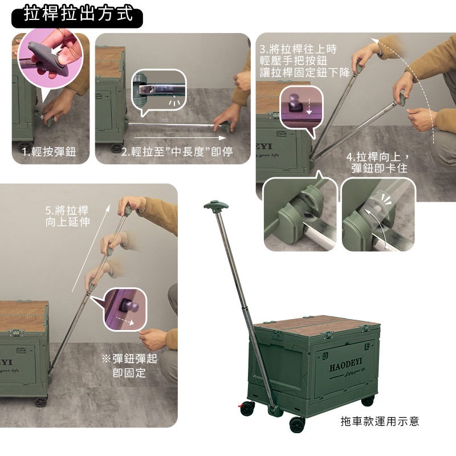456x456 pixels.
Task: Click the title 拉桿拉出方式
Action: (x=78, y=14)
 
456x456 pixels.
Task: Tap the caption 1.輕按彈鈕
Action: (x=49, y=152)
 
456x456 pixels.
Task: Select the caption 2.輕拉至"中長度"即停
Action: (x=177, y=152)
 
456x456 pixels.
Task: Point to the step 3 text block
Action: (x=304, y=61)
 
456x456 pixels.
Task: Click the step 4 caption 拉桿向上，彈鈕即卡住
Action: (x=378, y=162)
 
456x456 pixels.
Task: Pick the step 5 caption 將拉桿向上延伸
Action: (x=67, y=216)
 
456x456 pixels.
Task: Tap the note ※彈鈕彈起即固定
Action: (x=129, y=365)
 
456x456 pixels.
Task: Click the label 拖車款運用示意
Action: (x=380, y=421)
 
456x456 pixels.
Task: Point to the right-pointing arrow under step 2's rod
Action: (x=180, y=138)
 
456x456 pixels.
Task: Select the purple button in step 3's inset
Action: (x=294, y=104)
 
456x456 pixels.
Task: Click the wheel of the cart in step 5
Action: (x=41, y=402)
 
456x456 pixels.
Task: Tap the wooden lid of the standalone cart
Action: (x=316, y=324)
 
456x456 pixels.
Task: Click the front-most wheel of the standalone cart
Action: (x=297, y=425)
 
